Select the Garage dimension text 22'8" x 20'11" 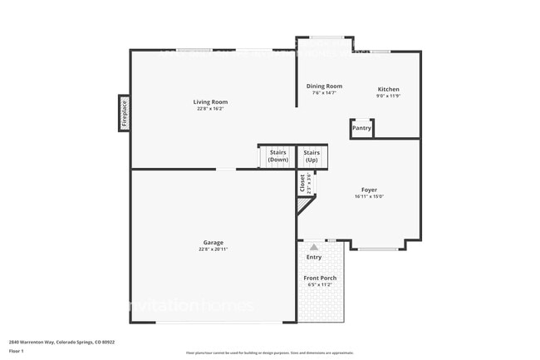click(x=214, y=249)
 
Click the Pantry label click(x=361, y=128)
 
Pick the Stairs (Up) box click(x=312, y=156)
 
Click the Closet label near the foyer click(x=302, y=183)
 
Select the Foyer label click(x=369, y=190)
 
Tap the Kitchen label click(x=388, y=89)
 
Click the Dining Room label click(x=324, y=86)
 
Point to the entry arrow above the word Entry click(x=314, y=247)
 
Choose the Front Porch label click(x=320, y=278)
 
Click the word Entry click(x=314, y=257)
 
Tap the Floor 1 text click(x=17, y=352)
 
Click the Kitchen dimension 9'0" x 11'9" click(x=388, y=96)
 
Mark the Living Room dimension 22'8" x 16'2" click(x=210, y=109)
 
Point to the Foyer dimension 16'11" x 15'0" click(x=369, y=196)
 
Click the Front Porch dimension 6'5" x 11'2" click(x=320, y=284)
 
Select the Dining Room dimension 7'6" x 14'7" click(x=324, y=93)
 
